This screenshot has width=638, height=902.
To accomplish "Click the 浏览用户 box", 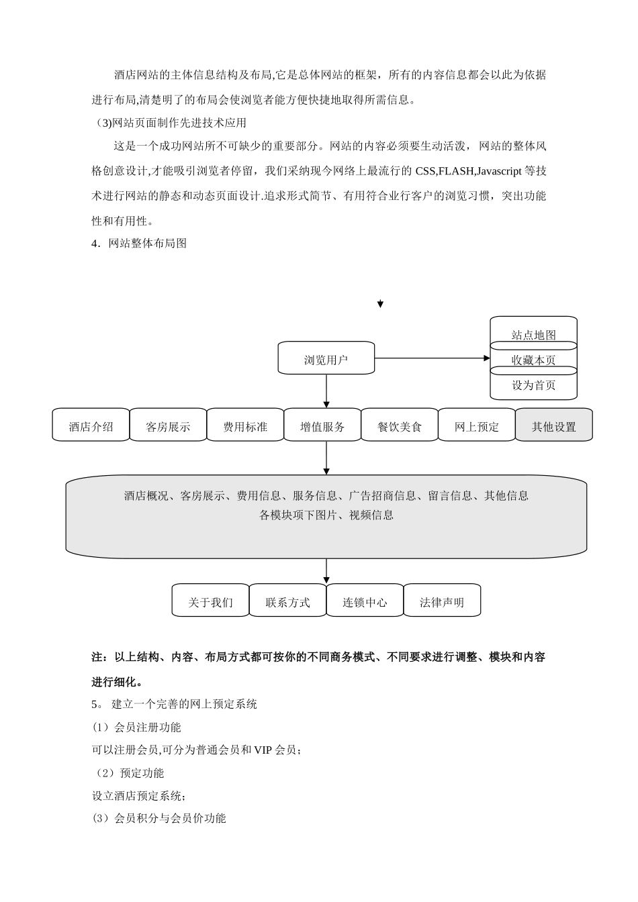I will (326, 360).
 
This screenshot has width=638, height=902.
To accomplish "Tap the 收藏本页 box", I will (534, 359).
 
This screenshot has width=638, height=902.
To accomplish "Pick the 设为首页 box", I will (534, 385).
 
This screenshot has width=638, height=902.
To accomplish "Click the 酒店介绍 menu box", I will (91, 425).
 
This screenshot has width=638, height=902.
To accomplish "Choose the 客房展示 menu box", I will (168, 425).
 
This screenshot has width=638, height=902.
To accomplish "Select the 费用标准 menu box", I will (245, 425).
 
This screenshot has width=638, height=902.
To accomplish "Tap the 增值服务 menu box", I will (322, 425).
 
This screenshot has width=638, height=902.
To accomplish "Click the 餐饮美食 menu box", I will (400, 425).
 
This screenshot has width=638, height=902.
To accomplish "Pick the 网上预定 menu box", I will (477, 425).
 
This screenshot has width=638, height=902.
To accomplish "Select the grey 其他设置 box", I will (554, 425).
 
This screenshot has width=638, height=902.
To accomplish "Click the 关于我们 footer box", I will (210, 601).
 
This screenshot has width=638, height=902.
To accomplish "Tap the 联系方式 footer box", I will (287, 601).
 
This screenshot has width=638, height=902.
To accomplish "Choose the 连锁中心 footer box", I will (365, 601).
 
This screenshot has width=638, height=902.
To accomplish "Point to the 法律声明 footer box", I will (442, 601).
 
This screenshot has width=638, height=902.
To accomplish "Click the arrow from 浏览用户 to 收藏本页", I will (433, 358).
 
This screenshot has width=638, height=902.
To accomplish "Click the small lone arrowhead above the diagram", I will (380, 304).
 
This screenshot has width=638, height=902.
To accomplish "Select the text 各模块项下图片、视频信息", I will (326, 515).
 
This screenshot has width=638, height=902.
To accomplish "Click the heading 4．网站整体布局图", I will (139, 243).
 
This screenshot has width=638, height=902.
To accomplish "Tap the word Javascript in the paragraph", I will (498, 171).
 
